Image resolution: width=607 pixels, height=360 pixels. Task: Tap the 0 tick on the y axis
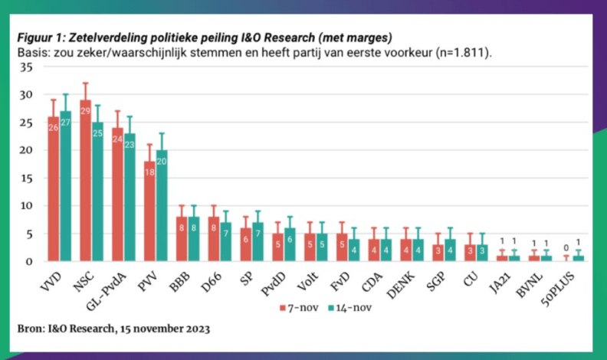pyautogui.click(x=29, y=261)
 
